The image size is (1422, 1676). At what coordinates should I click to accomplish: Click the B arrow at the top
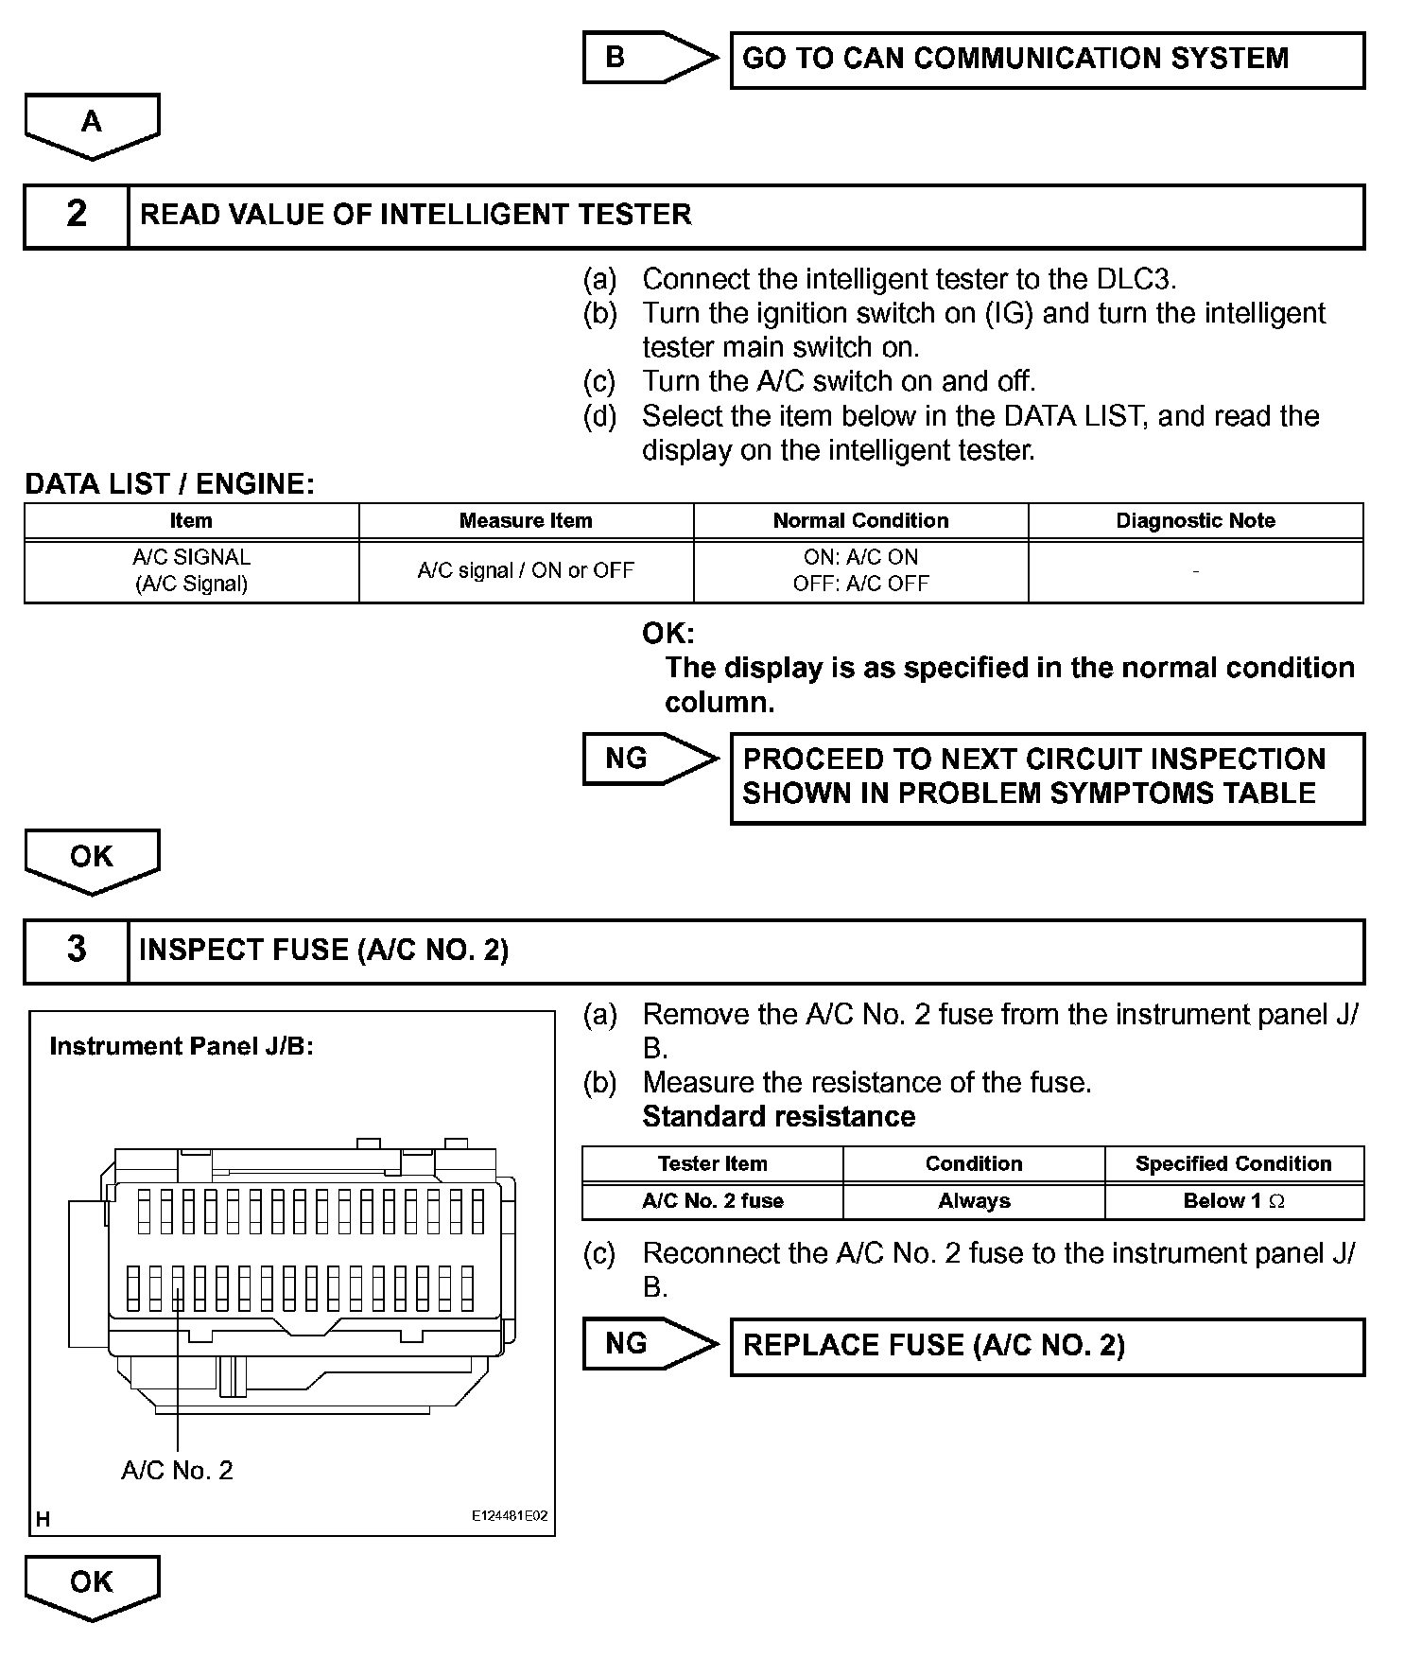(643, 58)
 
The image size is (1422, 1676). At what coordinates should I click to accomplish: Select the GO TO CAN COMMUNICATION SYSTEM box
(1047, 60)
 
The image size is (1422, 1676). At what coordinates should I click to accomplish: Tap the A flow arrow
(92, 124)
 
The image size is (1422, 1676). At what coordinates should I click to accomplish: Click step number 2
(77, 215)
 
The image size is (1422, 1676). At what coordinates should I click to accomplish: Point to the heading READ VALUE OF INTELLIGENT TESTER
(415, 215)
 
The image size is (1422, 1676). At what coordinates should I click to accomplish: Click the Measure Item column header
(526, 521)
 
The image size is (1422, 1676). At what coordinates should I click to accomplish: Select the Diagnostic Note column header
(1195, 521)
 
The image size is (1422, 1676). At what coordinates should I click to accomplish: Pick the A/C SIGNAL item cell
(192, 570)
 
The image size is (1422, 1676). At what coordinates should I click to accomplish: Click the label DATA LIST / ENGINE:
(169, 484)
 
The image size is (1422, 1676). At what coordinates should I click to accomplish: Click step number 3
(77, 950)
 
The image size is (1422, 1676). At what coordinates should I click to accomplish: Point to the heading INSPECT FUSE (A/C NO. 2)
(323, 950)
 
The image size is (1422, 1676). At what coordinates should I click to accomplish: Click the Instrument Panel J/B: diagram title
(182, 1046)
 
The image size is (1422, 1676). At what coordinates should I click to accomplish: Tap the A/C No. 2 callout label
(177, 1470)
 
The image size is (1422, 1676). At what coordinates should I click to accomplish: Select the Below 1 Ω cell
(1233, 1201)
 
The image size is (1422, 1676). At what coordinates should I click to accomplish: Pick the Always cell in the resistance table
(974, 1201)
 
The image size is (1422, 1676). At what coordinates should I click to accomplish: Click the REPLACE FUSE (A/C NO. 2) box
(1047, 1346)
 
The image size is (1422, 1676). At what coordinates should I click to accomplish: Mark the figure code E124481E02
(510, 1515)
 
